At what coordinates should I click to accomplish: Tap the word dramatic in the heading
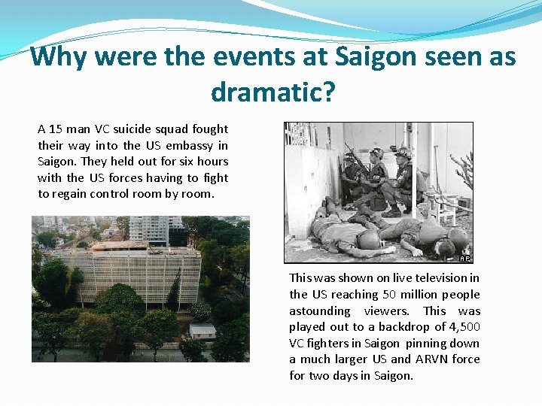point(266,92)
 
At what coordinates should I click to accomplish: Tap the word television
point(436,278)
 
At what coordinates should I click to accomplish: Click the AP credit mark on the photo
point(465,258)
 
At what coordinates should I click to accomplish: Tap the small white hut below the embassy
point(202,331)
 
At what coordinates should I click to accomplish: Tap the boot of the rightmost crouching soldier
point(392,213)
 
